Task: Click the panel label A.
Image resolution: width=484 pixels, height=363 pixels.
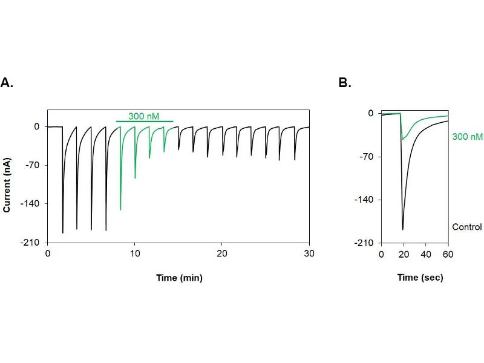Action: tap(7, 83)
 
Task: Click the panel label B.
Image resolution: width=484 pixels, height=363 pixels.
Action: tap(345, 83)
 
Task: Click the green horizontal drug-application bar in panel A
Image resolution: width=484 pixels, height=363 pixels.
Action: tap(145, 122)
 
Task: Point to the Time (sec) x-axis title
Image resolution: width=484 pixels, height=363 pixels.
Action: tap(420, 278)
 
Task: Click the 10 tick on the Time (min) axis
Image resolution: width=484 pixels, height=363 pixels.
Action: tap(135, 253)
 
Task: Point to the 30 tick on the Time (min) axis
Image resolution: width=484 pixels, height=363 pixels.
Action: tap(309, 253)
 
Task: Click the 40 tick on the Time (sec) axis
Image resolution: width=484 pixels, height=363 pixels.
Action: tap(425, 253)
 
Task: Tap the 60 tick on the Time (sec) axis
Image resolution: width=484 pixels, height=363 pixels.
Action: tap(448, 253)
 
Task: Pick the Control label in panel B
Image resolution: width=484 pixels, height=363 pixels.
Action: tap(467, 227)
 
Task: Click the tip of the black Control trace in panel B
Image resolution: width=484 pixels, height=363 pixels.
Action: tap(403, 230)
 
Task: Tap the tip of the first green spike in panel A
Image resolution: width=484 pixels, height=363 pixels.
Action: tap(120, 210)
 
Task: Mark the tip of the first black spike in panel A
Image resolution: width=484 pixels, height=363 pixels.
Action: tap(63, 233)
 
